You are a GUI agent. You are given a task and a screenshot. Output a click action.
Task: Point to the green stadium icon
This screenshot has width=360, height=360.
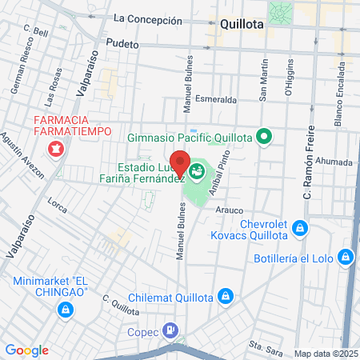coord(197,170)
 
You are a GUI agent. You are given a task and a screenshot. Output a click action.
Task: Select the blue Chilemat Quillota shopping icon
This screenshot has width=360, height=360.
coord(226,297)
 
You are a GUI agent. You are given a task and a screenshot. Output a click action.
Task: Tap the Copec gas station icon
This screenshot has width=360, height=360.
coord(170,330)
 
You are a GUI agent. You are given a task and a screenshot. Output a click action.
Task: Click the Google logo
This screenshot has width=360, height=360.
coord(26,350)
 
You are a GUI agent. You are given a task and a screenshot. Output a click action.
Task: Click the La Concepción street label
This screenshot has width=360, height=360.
coord(147,18)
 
